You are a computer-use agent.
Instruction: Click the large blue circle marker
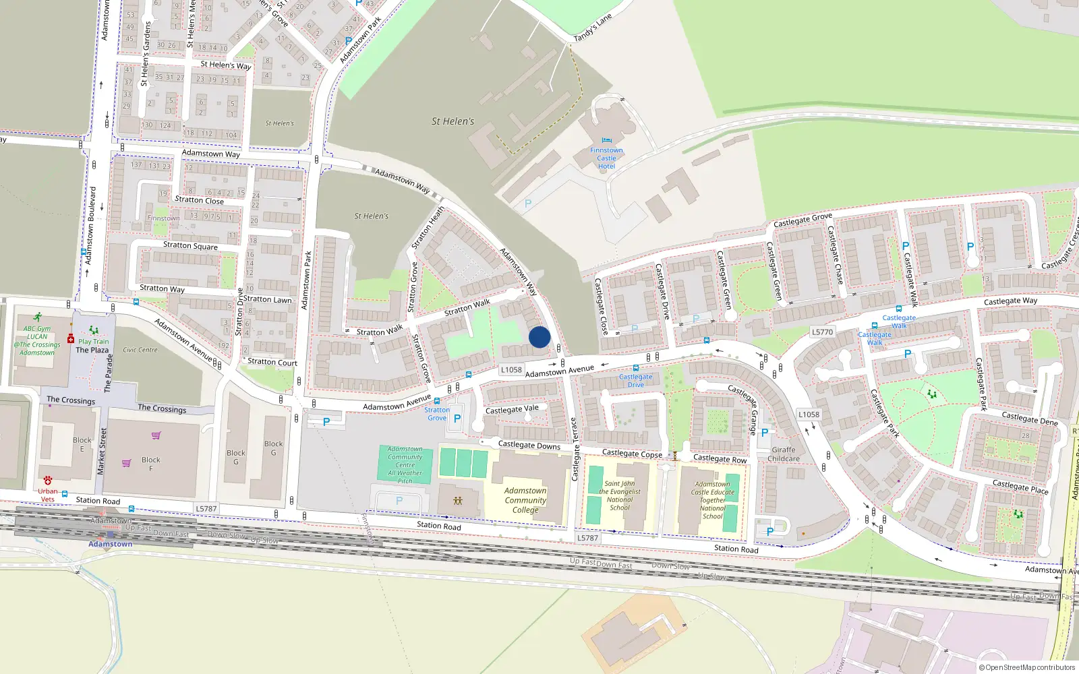539,337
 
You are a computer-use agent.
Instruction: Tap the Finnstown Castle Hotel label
606,158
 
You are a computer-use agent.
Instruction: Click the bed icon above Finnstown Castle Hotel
606,141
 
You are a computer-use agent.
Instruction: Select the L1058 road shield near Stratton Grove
511,369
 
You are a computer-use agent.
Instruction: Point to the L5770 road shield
822,332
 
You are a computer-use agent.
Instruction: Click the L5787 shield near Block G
206,509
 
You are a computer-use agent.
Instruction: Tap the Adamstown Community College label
525,500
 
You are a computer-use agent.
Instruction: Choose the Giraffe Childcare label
783,454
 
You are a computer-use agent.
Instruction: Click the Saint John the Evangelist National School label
620,495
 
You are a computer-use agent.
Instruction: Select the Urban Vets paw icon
48,481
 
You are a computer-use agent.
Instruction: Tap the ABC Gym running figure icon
38,317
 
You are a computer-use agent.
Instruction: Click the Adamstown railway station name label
111,544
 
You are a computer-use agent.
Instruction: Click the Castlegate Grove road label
803,220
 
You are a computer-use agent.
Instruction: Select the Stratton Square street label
190,246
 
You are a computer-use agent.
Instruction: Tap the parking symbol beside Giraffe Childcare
765,433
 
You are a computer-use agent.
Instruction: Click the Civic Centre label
140,350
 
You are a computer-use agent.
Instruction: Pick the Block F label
151,464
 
